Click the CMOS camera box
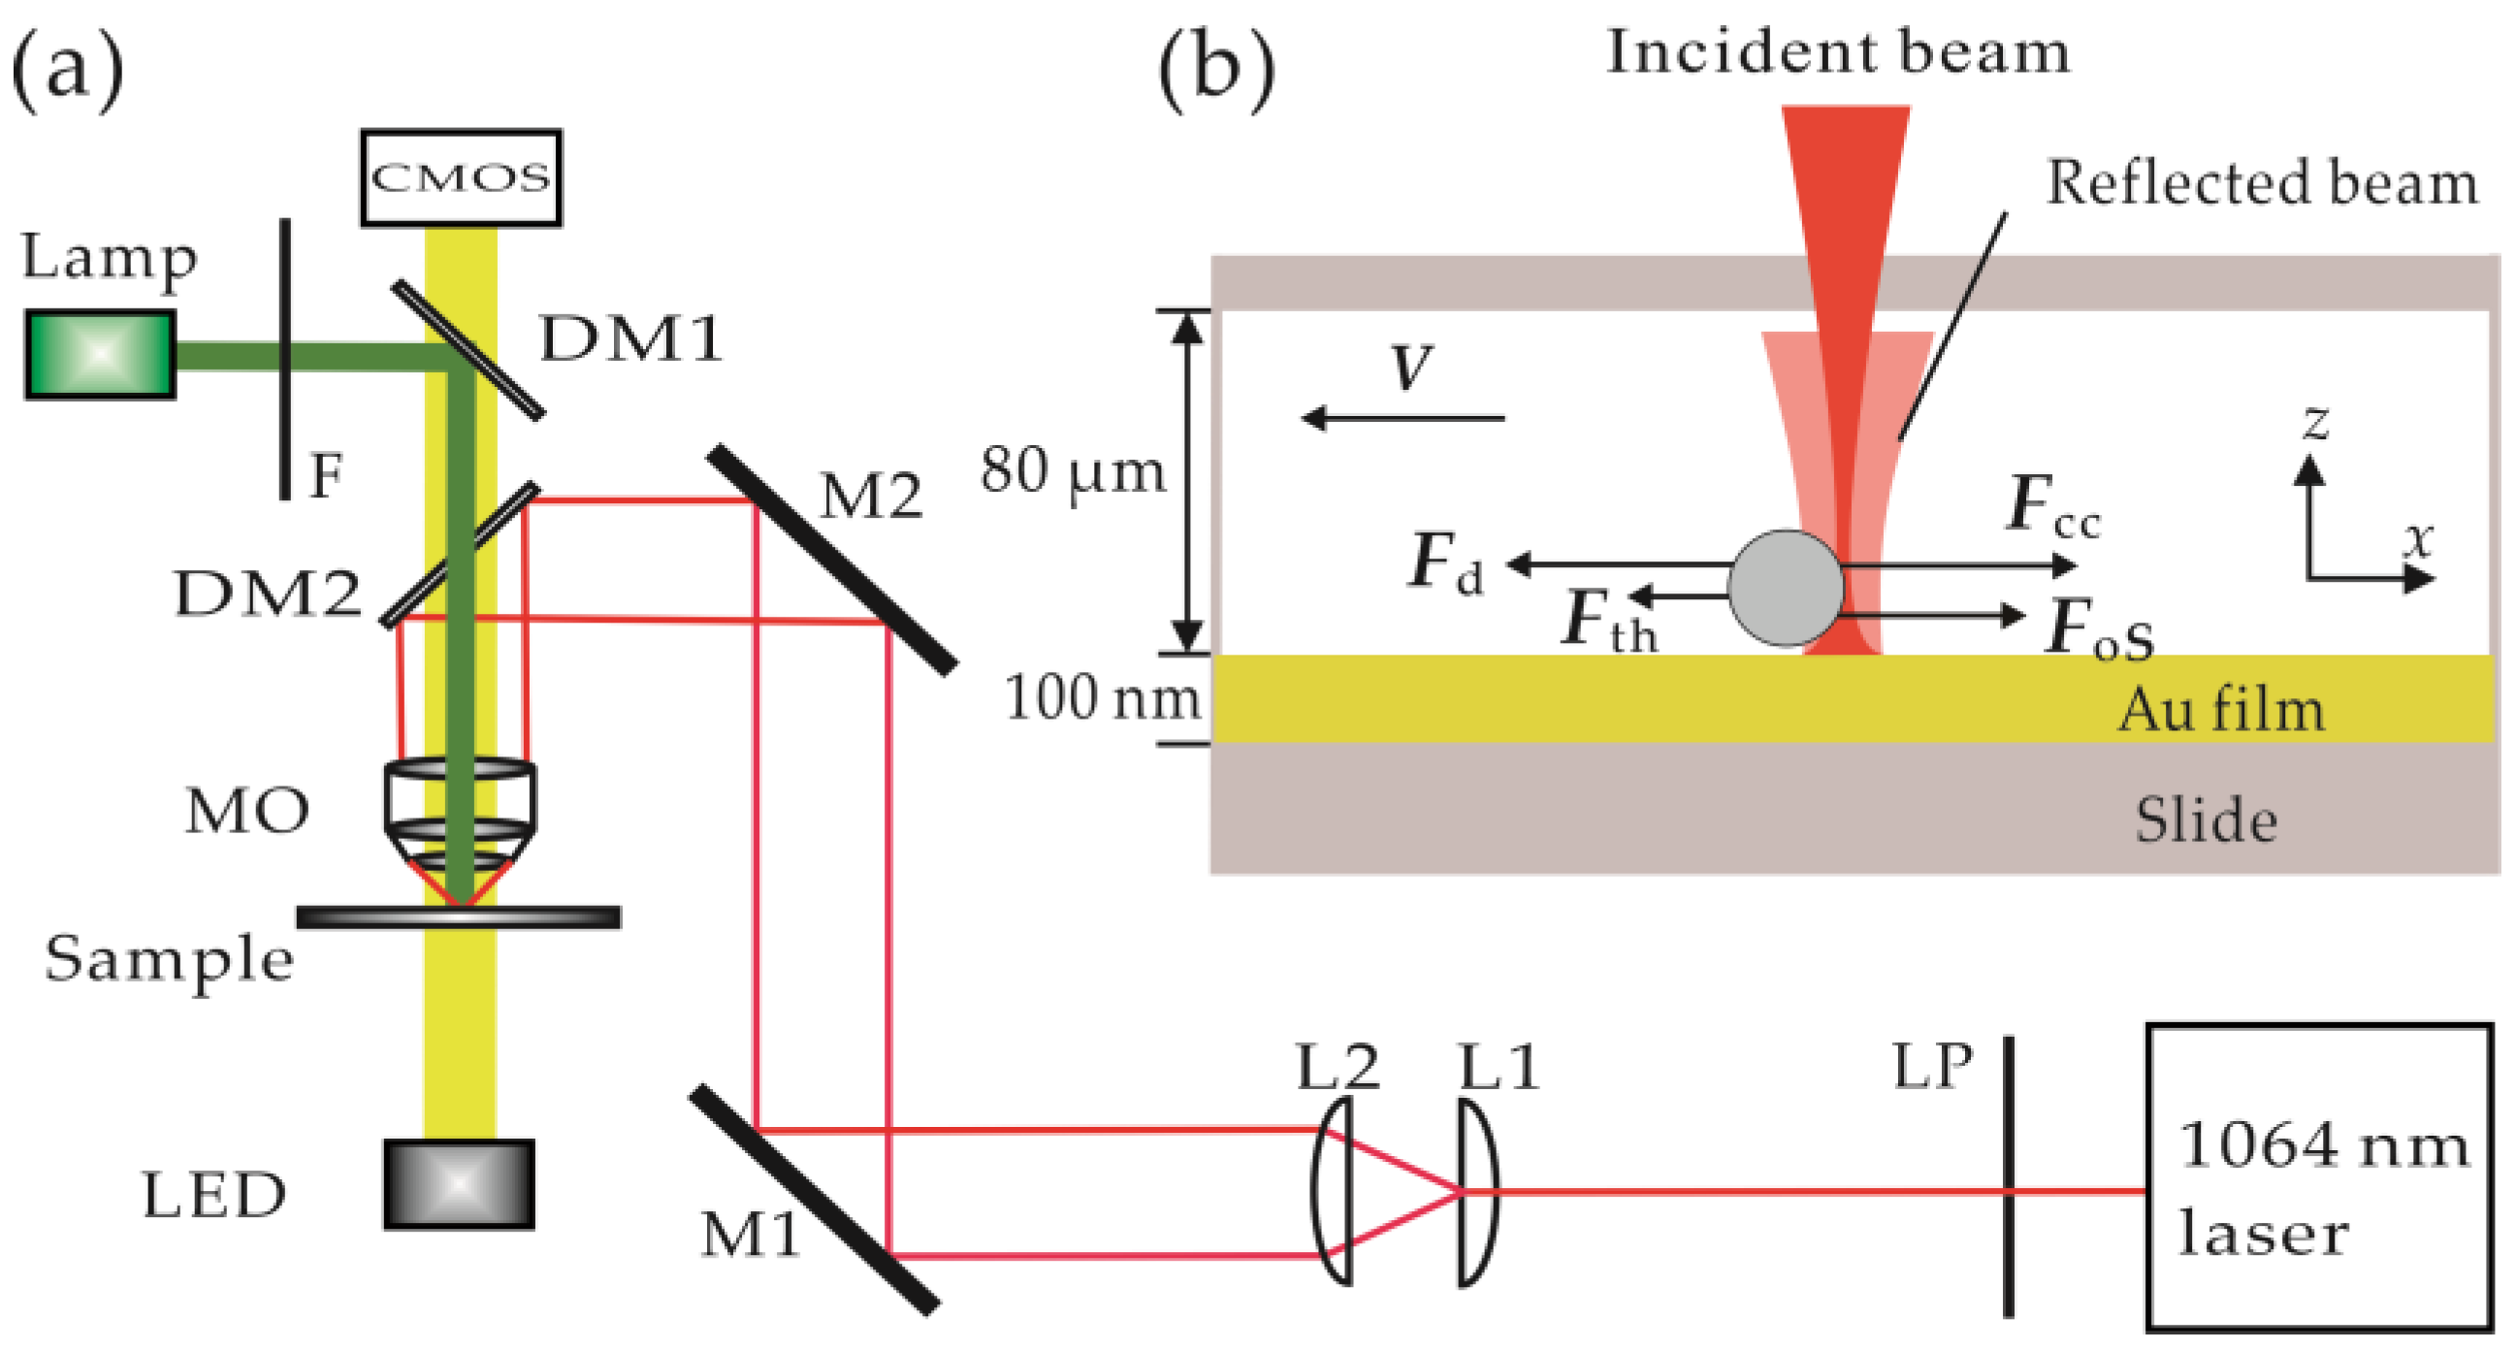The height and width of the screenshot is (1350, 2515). [x=461, y=177]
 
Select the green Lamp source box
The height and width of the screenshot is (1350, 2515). [x=100, y=354]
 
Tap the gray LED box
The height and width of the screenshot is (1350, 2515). [x=459, y=1183]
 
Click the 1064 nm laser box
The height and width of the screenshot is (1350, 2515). [x=2319, y=1177]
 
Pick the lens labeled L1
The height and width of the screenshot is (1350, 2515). [x=1477, y=1191]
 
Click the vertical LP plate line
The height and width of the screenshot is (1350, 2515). [x=2009, y=1177]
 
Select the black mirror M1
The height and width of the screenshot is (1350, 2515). [x=815, y=1200]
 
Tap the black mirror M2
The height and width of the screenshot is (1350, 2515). [x=832, y=560]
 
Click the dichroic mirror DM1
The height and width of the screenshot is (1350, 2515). [x=468, y=349]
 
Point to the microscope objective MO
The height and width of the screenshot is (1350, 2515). [x=459, y=810]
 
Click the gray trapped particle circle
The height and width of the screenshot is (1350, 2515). [x=1786, y=588]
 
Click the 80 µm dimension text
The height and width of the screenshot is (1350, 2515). [x=1073, y=471]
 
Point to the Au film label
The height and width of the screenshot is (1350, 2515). [x=2220, y=710]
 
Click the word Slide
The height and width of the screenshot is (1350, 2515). [x=2206, y=820]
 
